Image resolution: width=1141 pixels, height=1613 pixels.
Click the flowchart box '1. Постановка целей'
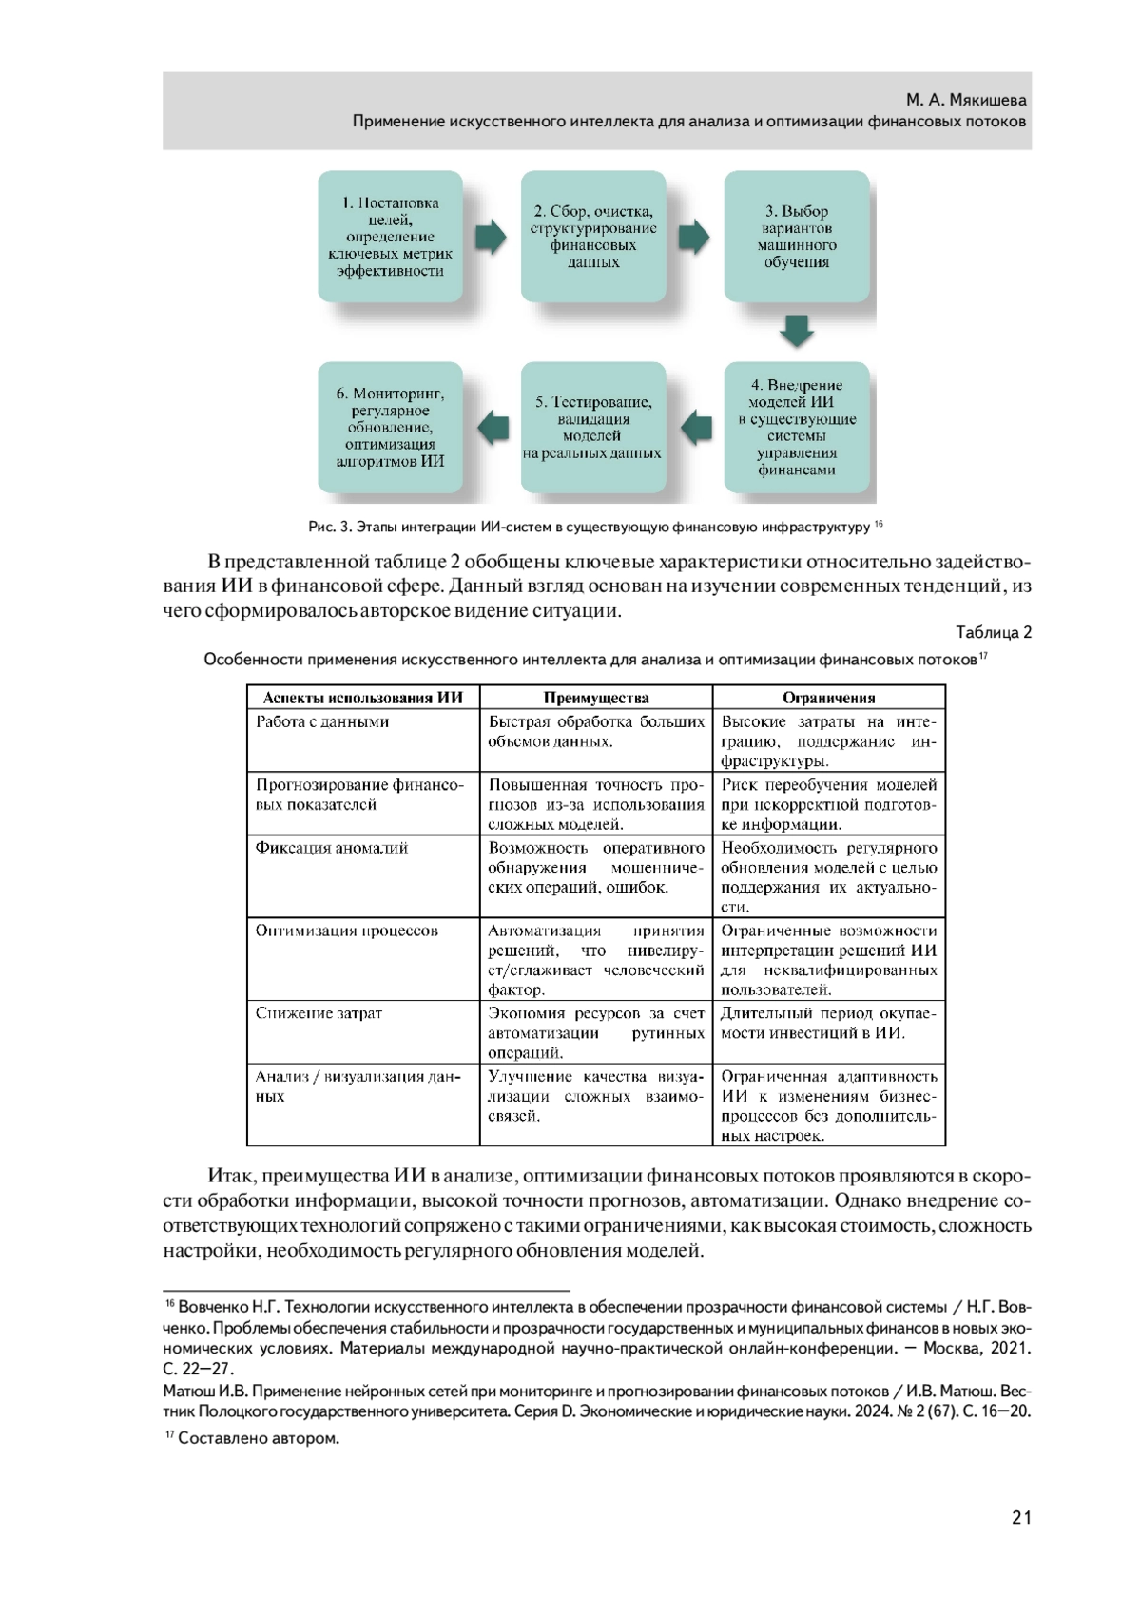point(390,237)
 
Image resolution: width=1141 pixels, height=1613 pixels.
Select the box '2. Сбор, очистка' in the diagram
point(593,237)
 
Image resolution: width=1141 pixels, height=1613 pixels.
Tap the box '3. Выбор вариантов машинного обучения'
point(797,237)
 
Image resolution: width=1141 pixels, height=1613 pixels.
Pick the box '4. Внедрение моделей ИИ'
point(797,428)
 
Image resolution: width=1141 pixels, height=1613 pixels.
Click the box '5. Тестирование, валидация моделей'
point(593,428)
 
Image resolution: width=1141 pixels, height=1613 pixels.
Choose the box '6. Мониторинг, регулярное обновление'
point(390,428)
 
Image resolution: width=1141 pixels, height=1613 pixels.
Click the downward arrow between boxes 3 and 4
point(797,331)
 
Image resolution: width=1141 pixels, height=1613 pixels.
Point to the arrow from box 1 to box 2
point(492,237)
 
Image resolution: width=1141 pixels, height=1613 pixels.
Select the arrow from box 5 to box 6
point(492,428)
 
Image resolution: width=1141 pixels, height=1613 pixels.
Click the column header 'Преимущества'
point(596,698)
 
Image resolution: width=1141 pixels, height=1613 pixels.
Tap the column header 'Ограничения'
point(829,698)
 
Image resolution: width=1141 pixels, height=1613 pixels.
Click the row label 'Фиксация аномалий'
point(332,848)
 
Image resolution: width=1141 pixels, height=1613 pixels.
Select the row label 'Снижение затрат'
point(319,1013)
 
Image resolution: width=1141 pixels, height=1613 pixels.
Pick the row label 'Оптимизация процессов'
point(346,931)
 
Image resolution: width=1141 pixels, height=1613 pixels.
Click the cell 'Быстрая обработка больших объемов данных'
point(596,731)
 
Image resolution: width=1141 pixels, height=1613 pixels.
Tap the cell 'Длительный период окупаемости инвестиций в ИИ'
point(828,1023)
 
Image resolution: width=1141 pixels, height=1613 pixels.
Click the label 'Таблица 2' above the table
point(994,633)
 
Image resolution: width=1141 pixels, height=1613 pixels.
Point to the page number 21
point(1021,1518)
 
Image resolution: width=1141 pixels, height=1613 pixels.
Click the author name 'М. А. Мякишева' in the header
point(966,100)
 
